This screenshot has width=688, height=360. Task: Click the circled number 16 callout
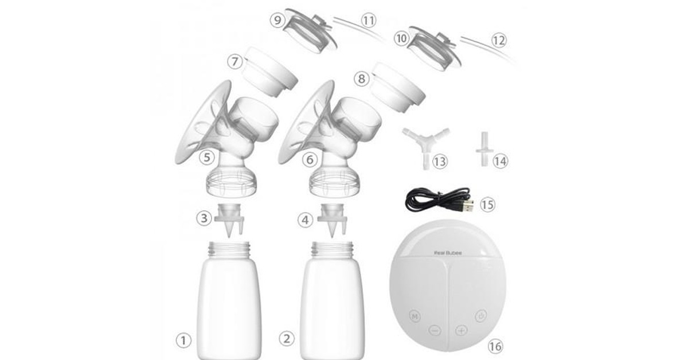pyautogui.click(x=495, y=346)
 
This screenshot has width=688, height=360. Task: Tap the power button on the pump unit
pyautogui.click(x=480, y=316)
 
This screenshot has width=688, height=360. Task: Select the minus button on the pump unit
pyautogui.click(x=435, y=331)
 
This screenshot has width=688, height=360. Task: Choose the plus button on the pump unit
pyautogui.click(x=462, y=331)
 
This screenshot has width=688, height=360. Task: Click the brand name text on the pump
pyautogui.click(x=448, y=253)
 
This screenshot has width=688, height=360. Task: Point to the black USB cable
pyautogui.click(x=439, y=199)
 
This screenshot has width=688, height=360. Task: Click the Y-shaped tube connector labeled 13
pyautogui.click(x=425, y=147)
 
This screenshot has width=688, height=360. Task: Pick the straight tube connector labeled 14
pyautogui.click(x=484, y=149)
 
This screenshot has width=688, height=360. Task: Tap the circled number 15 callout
pyautogui.click(x=487, y=205)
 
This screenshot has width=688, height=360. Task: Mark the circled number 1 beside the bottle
pyautogui.click(x=183, y=341)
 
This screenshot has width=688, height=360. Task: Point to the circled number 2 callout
pyautogui.click(x=286, y=338)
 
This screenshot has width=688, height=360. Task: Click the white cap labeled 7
pyautogui.click(x=269, y=73)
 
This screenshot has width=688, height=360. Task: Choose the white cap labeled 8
pyautogui.click(x=397, y=88)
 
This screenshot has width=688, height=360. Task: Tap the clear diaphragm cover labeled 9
pyautogui.click(x=310, y=31)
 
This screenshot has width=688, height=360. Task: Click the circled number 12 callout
pyautogui.click(x=499, y=40)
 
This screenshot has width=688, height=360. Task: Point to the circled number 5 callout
pyautogui.click(x=206, y=158)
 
